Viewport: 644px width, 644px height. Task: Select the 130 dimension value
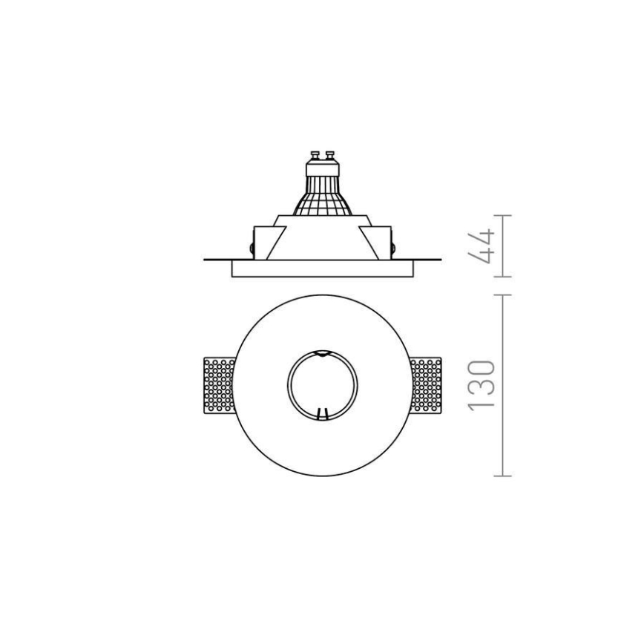482,385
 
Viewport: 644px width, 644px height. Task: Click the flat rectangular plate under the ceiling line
321,269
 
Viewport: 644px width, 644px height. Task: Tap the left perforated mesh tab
220,386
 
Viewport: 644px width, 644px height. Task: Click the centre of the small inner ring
322,386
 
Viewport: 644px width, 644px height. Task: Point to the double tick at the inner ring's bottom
322,416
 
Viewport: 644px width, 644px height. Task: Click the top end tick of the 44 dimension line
503,216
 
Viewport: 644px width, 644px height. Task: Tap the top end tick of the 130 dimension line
503,295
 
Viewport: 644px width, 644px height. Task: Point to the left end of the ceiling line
205,260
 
